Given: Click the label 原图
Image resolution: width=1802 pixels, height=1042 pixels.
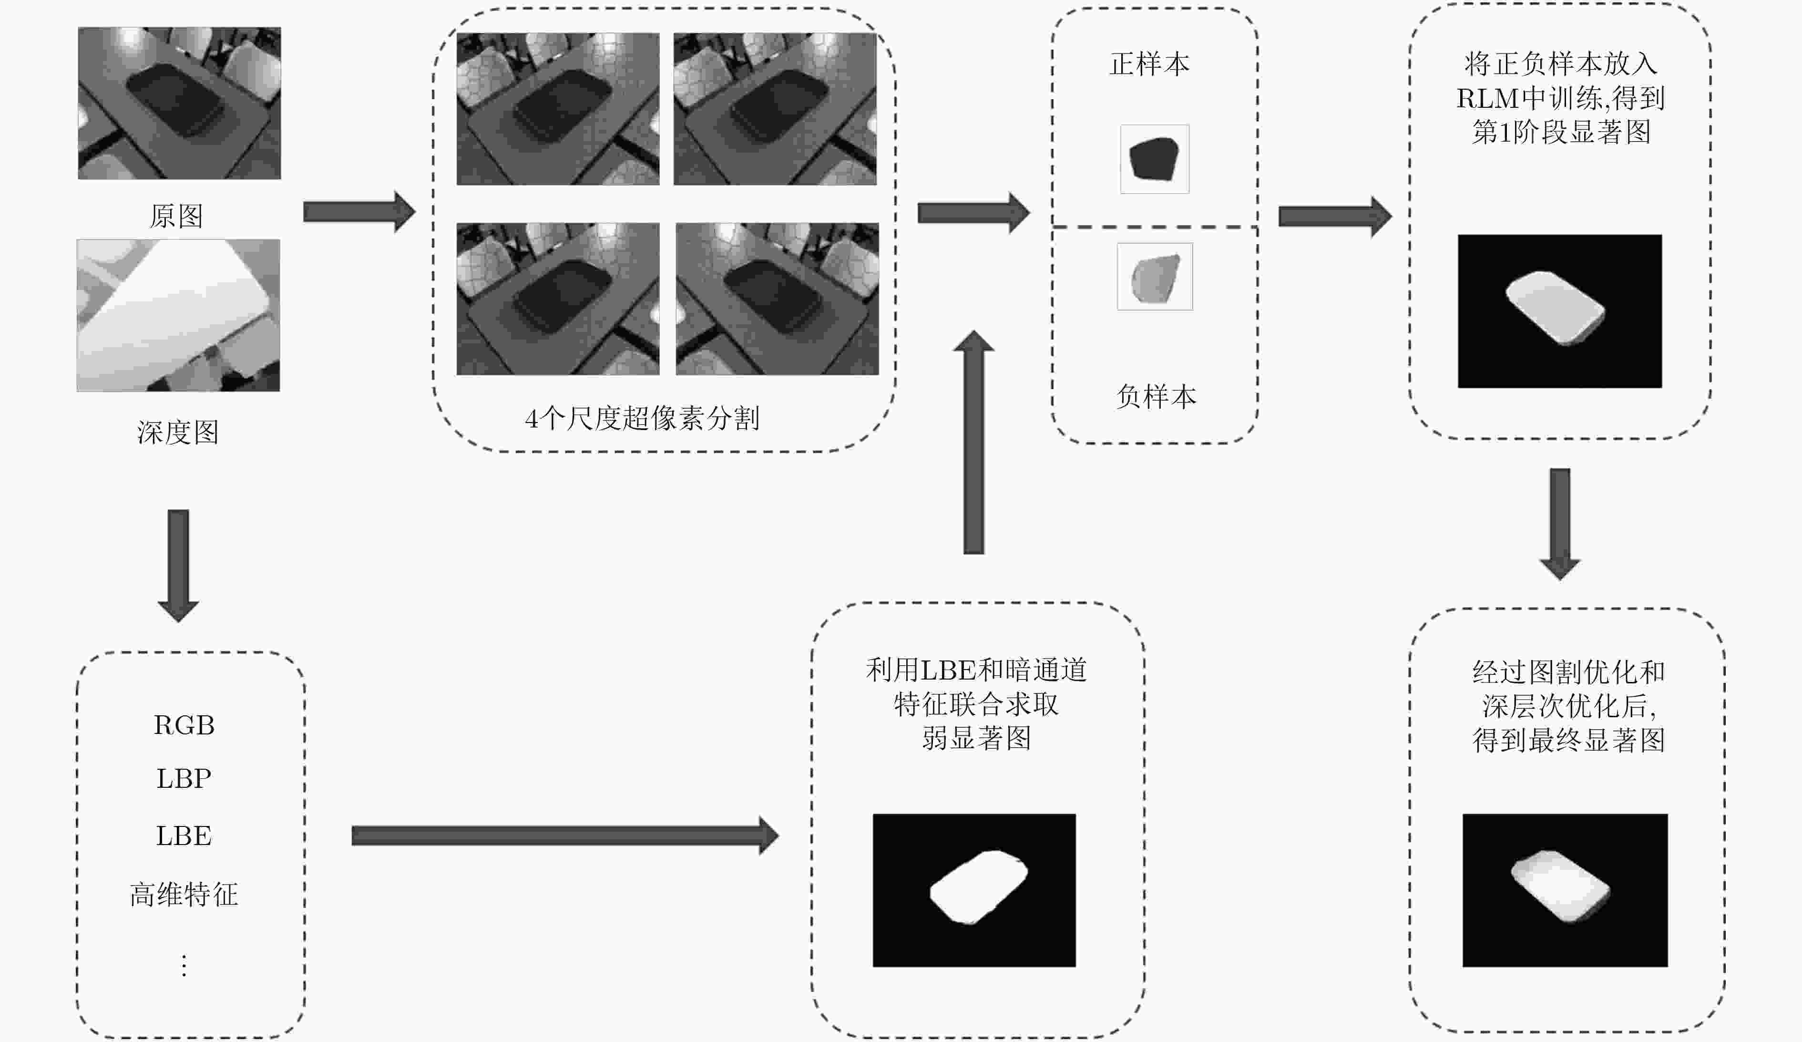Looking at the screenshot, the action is pos(176,215).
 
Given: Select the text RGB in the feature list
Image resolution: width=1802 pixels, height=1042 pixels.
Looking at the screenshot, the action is pos(184,725).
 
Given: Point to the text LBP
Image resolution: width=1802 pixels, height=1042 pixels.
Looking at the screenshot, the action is pos(184,778).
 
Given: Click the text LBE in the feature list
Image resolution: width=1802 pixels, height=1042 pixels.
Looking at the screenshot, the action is pos(184,836).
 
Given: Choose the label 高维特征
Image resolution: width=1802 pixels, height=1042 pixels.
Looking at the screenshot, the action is pos(184,894).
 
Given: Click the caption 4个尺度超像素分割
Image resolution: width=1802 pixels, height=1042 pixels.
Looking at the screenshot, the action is pos(642,418).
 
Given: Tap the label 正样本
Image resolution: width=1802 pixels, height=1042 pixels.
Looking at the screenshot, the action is pos(1149,63).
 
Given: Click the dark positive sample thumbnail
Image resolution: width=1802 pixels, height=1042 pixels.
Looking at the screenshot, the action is pos(1154,159).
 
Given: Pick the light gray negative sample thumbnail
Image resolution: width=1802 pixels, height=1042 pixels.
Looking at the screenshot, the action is pos(1155,277).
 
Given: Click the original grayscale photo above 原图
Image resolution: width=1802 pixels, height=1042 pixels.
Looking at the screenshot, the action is pos(179,103).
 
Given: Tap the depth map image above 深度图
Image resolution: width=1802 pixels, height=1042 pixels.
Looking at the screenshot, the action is pos(178,315).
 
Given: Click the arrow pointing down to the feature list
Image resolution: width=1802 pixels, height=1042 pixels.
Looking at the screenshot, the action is pos(178,566).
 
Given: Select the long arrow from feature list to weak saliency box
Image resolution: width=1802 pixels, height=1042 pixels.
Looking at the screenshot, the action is pos(565,836).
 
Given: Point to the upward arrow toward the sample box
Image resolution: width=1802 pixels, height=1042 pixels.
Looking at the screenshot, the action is pos(974,441).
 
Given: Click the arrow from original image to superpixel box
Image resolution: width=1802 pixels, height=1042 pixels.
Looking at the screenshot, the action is pos(359,212).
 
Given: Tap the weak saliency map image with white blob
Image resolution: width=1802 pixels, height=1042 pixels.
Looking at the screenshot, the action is pos(974,890).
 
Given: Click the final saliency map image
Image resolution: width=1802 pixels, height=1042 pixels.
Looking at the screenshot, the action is pos(1565,890).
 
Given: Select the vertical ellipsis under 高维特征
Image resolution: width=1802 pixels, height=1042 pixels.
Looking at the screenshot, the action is pos(184,966).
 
